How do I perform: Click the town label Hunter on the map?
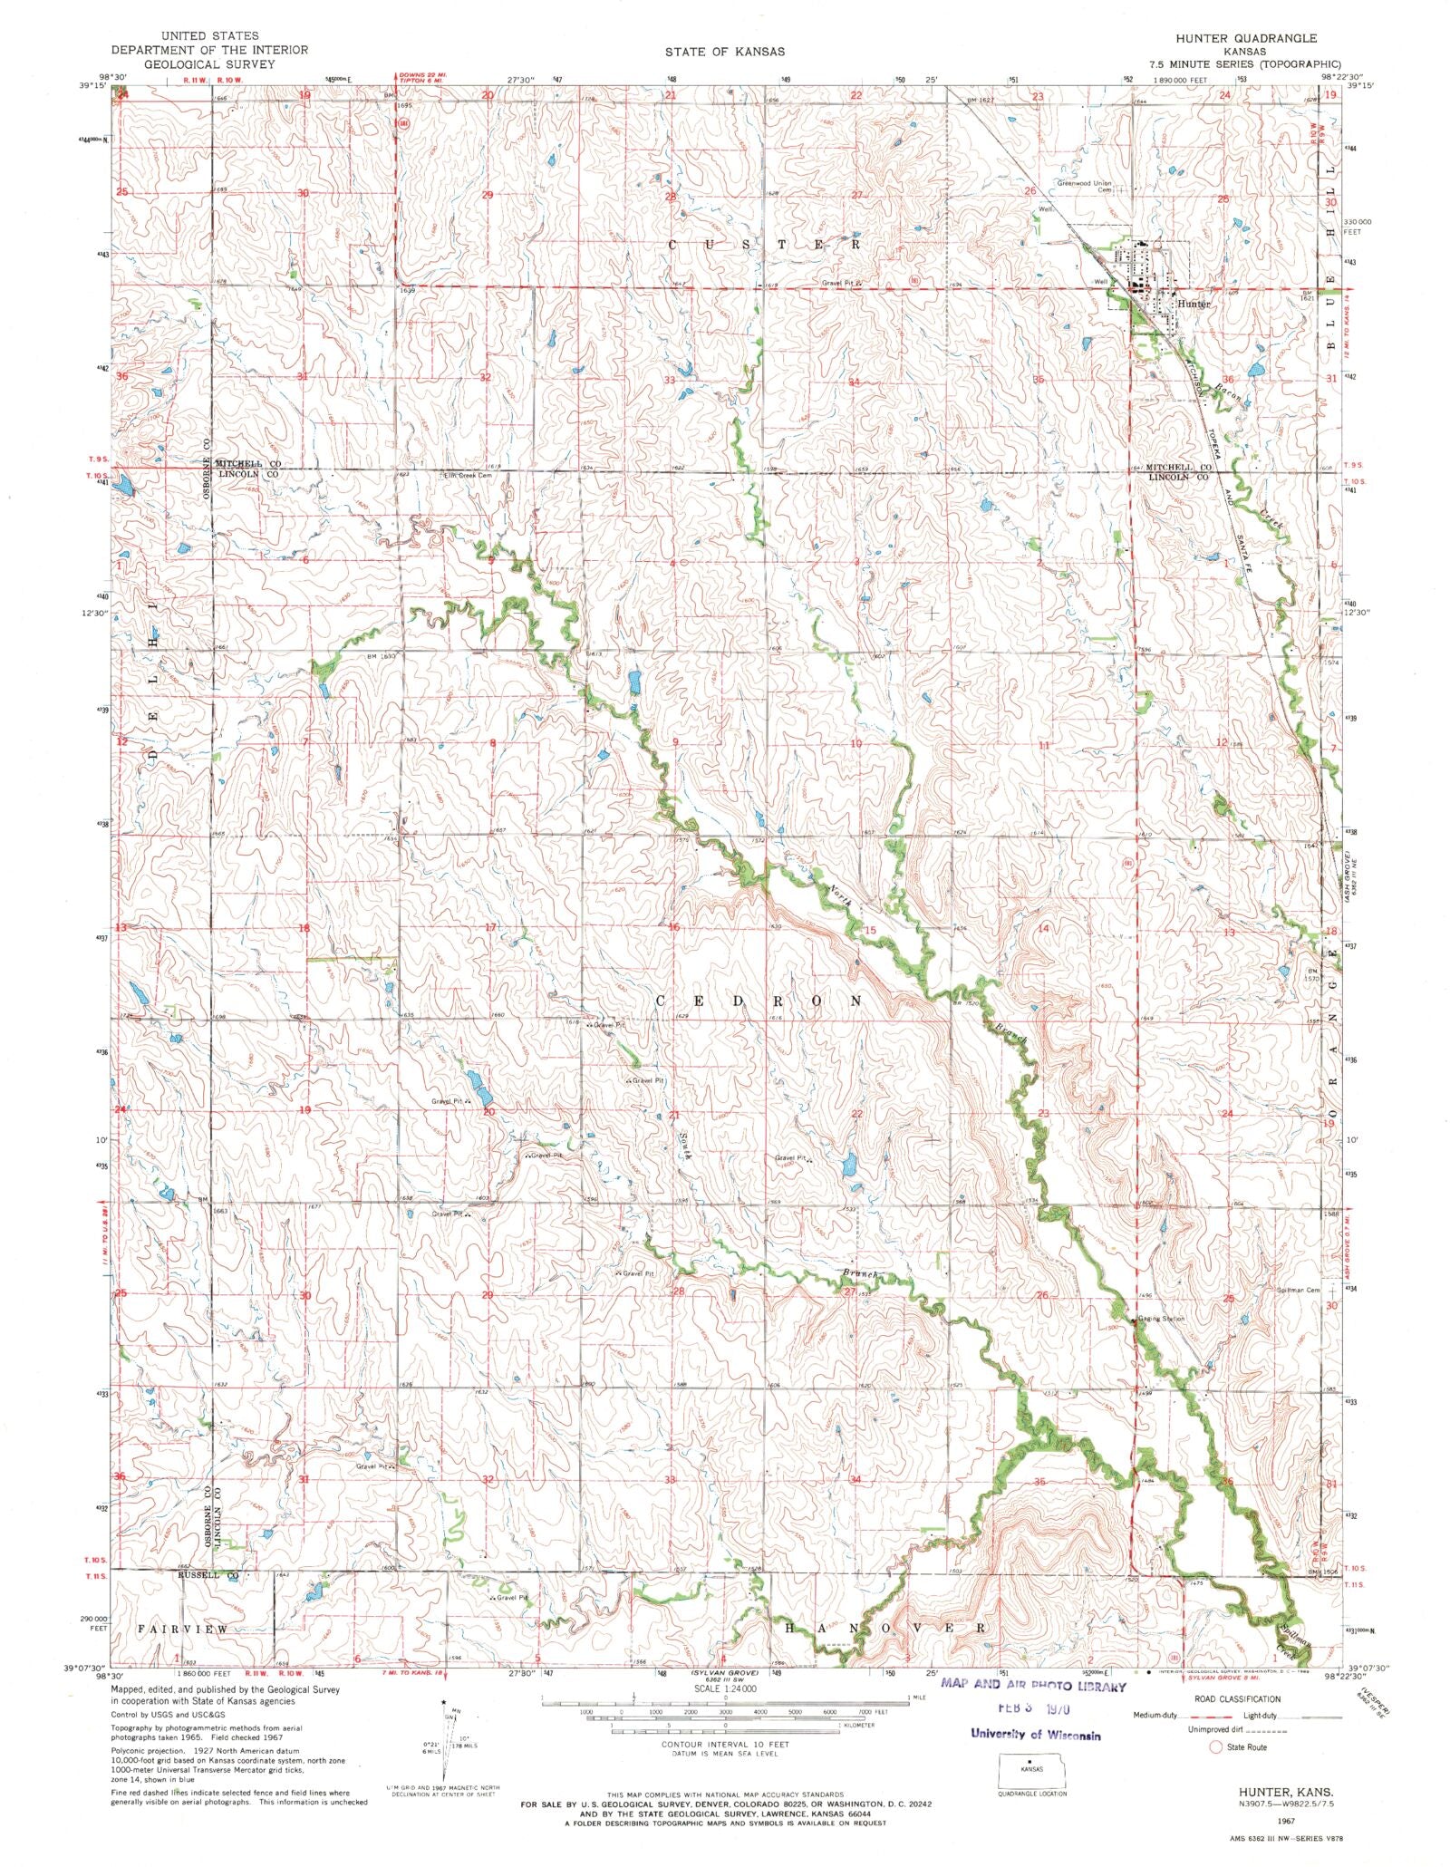(1193, 304)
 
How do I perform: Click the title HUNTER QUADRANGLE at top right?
(1246, 39)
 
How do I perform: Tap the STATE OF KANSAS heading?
(723, 52)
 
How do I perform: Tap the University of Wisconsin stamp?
(1035, 1735)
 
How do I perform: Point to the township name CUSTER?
(766, 245)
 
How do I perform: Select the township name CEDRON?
(759, 1001)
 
